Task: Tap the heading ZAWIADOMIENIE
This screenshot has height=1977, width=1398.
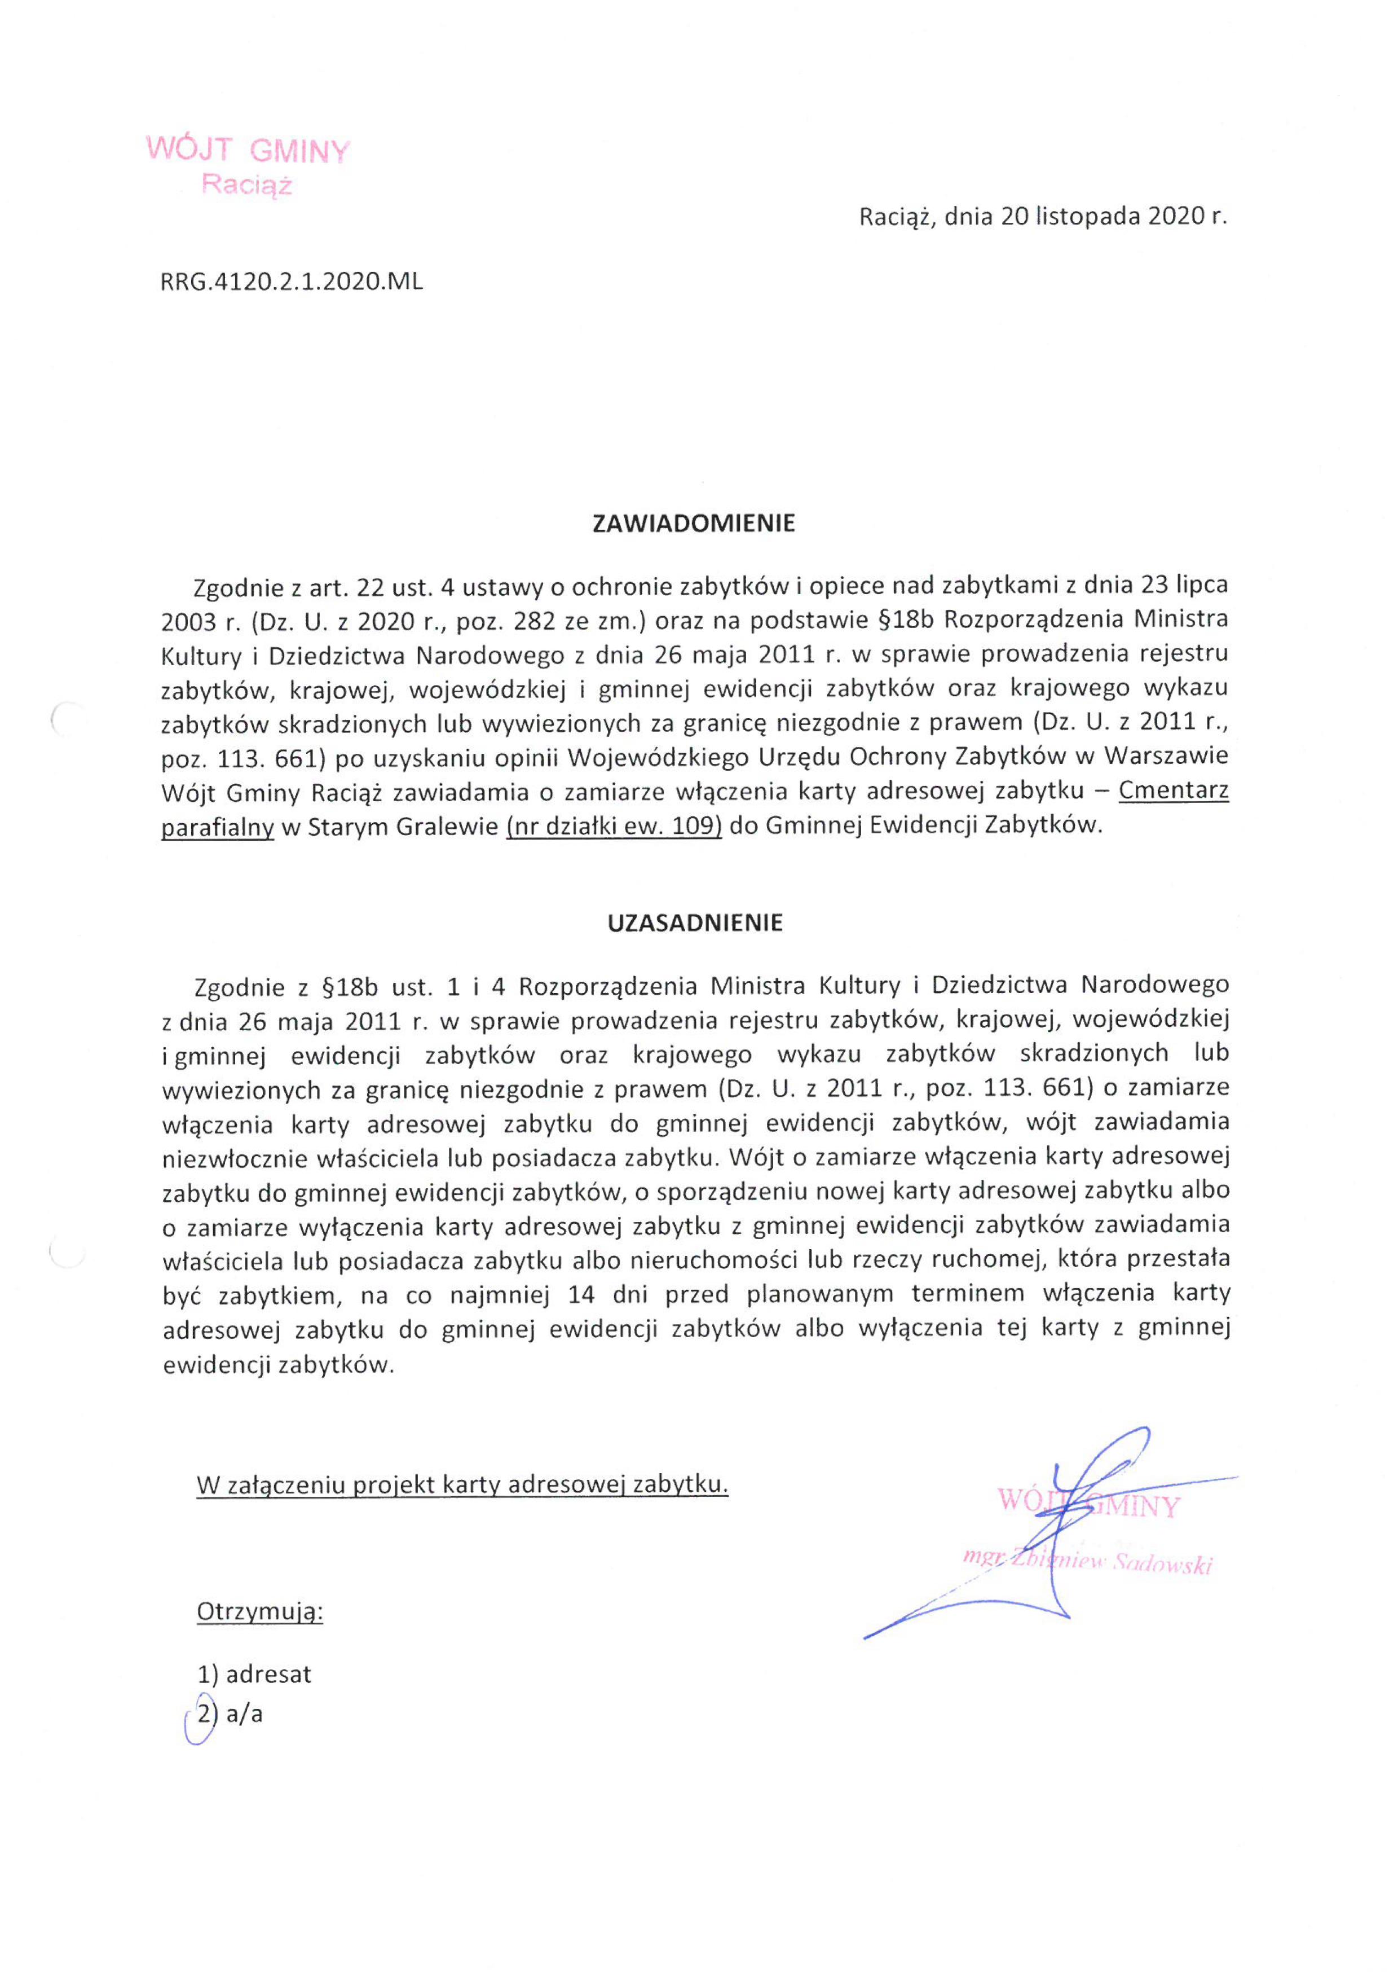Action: click(x=694, y=524)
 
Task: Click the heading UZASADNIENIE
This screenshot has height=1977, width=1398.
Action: click(x=695, y=923)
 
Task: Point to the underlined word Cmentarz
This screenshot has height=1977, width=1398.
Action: click(x=1174, y=790)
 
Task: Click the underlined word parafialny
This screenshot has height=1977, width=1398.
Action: click(x=218, y=826)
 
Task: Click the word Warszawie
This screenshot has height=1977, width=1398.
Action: click(x=1166, y=756)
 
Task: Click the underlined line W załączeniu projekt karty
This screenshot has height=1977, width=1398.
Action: click(x=462, y=1484)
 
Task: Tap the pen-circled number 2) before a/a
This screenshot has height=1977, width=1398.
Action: click(x=202, y=1715)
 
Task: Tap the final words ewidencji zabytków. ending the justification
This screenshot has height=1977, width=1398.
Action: click(x=278, y=1364)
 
